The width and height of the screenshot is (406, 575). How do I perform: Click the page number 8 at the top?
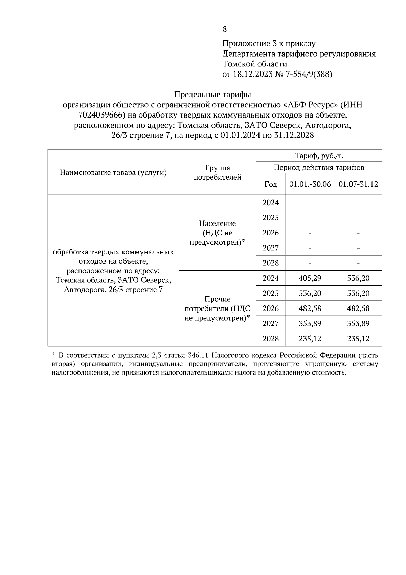pos(225,29)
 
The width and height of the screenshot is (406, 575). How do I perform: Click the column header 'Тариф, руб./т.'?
pos(319,156)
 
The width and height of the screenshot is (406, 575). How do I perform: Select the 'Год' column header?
pos(270,184)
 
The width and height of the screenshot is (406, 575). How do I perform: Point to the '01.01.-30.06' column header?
pos(310,184)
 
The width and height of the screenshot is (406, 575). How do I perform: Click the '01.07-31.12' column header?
pos(358,184)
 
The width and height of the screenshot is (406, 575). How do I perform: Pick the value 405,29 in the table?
pos(310,278)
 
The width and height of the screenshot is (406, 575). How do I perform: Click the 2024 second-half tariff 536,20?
pos(358,278)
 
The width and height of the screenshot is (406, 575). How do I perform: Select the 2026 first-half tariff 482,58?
pos(310,308)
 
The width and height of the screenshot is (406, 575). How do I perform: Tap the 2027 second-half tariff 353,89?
pos(358,323)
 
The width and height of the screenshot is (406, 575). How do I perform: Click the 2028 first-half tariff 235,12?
pos(310,339)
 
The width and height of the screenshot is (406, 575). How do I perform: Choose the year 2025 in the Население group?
pos(271,218)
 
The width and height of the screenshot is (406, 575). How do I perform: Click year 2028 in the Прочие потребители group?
pos(271,339)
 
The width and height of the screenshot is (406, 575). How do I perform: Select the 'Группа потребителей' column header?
pos(217,172)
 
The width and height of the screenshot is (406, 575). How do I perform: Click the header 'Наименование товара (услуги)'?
pos(113,173)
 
